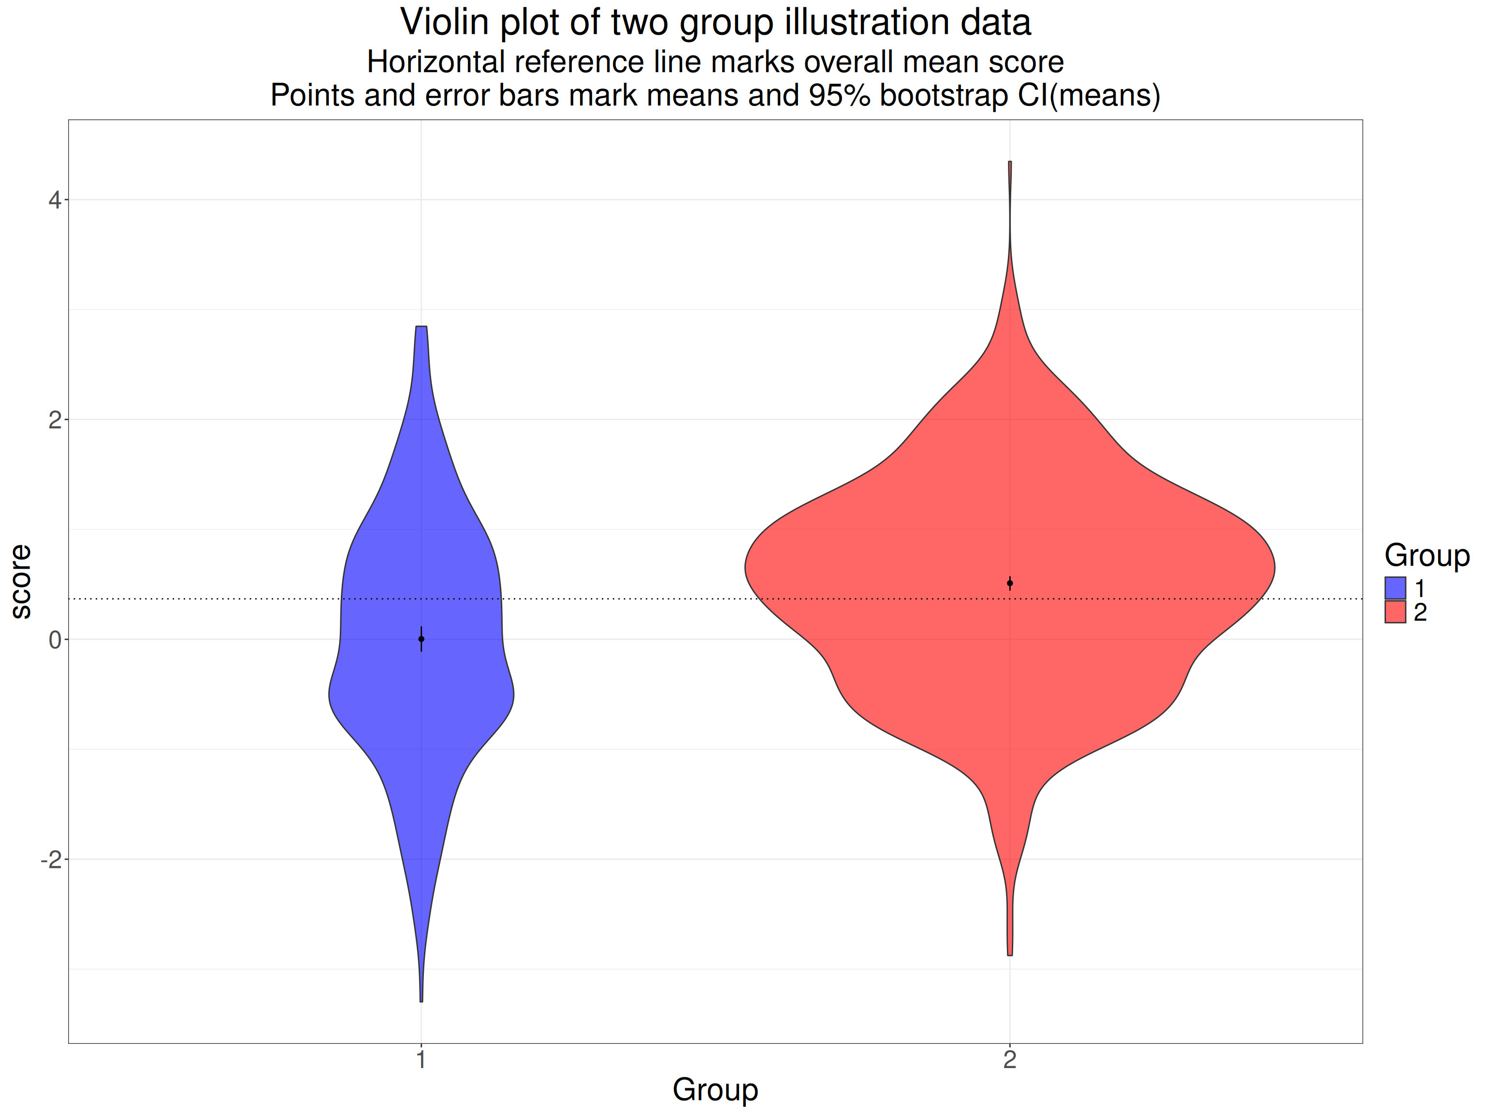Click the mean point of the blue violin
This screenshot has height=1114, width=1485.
(421, 639)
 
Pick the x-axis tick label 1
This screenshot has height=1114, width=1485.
(421, 1060)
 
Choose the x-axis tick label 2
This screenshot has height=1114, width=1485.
(1010, 1060)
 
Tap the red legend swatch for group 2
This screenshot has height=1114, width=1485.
(1395, 612)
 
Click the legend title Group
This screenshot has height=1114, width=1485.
(1427, 556)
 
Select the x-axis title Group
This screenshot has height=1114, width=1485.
(715, 1089)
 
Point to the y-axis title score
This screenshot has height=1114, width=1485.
(21, 582)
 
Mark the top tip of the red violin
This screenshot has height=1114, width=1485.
(1010, 162)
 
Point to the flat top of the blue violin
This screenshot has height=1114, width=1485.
(421, 326)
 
